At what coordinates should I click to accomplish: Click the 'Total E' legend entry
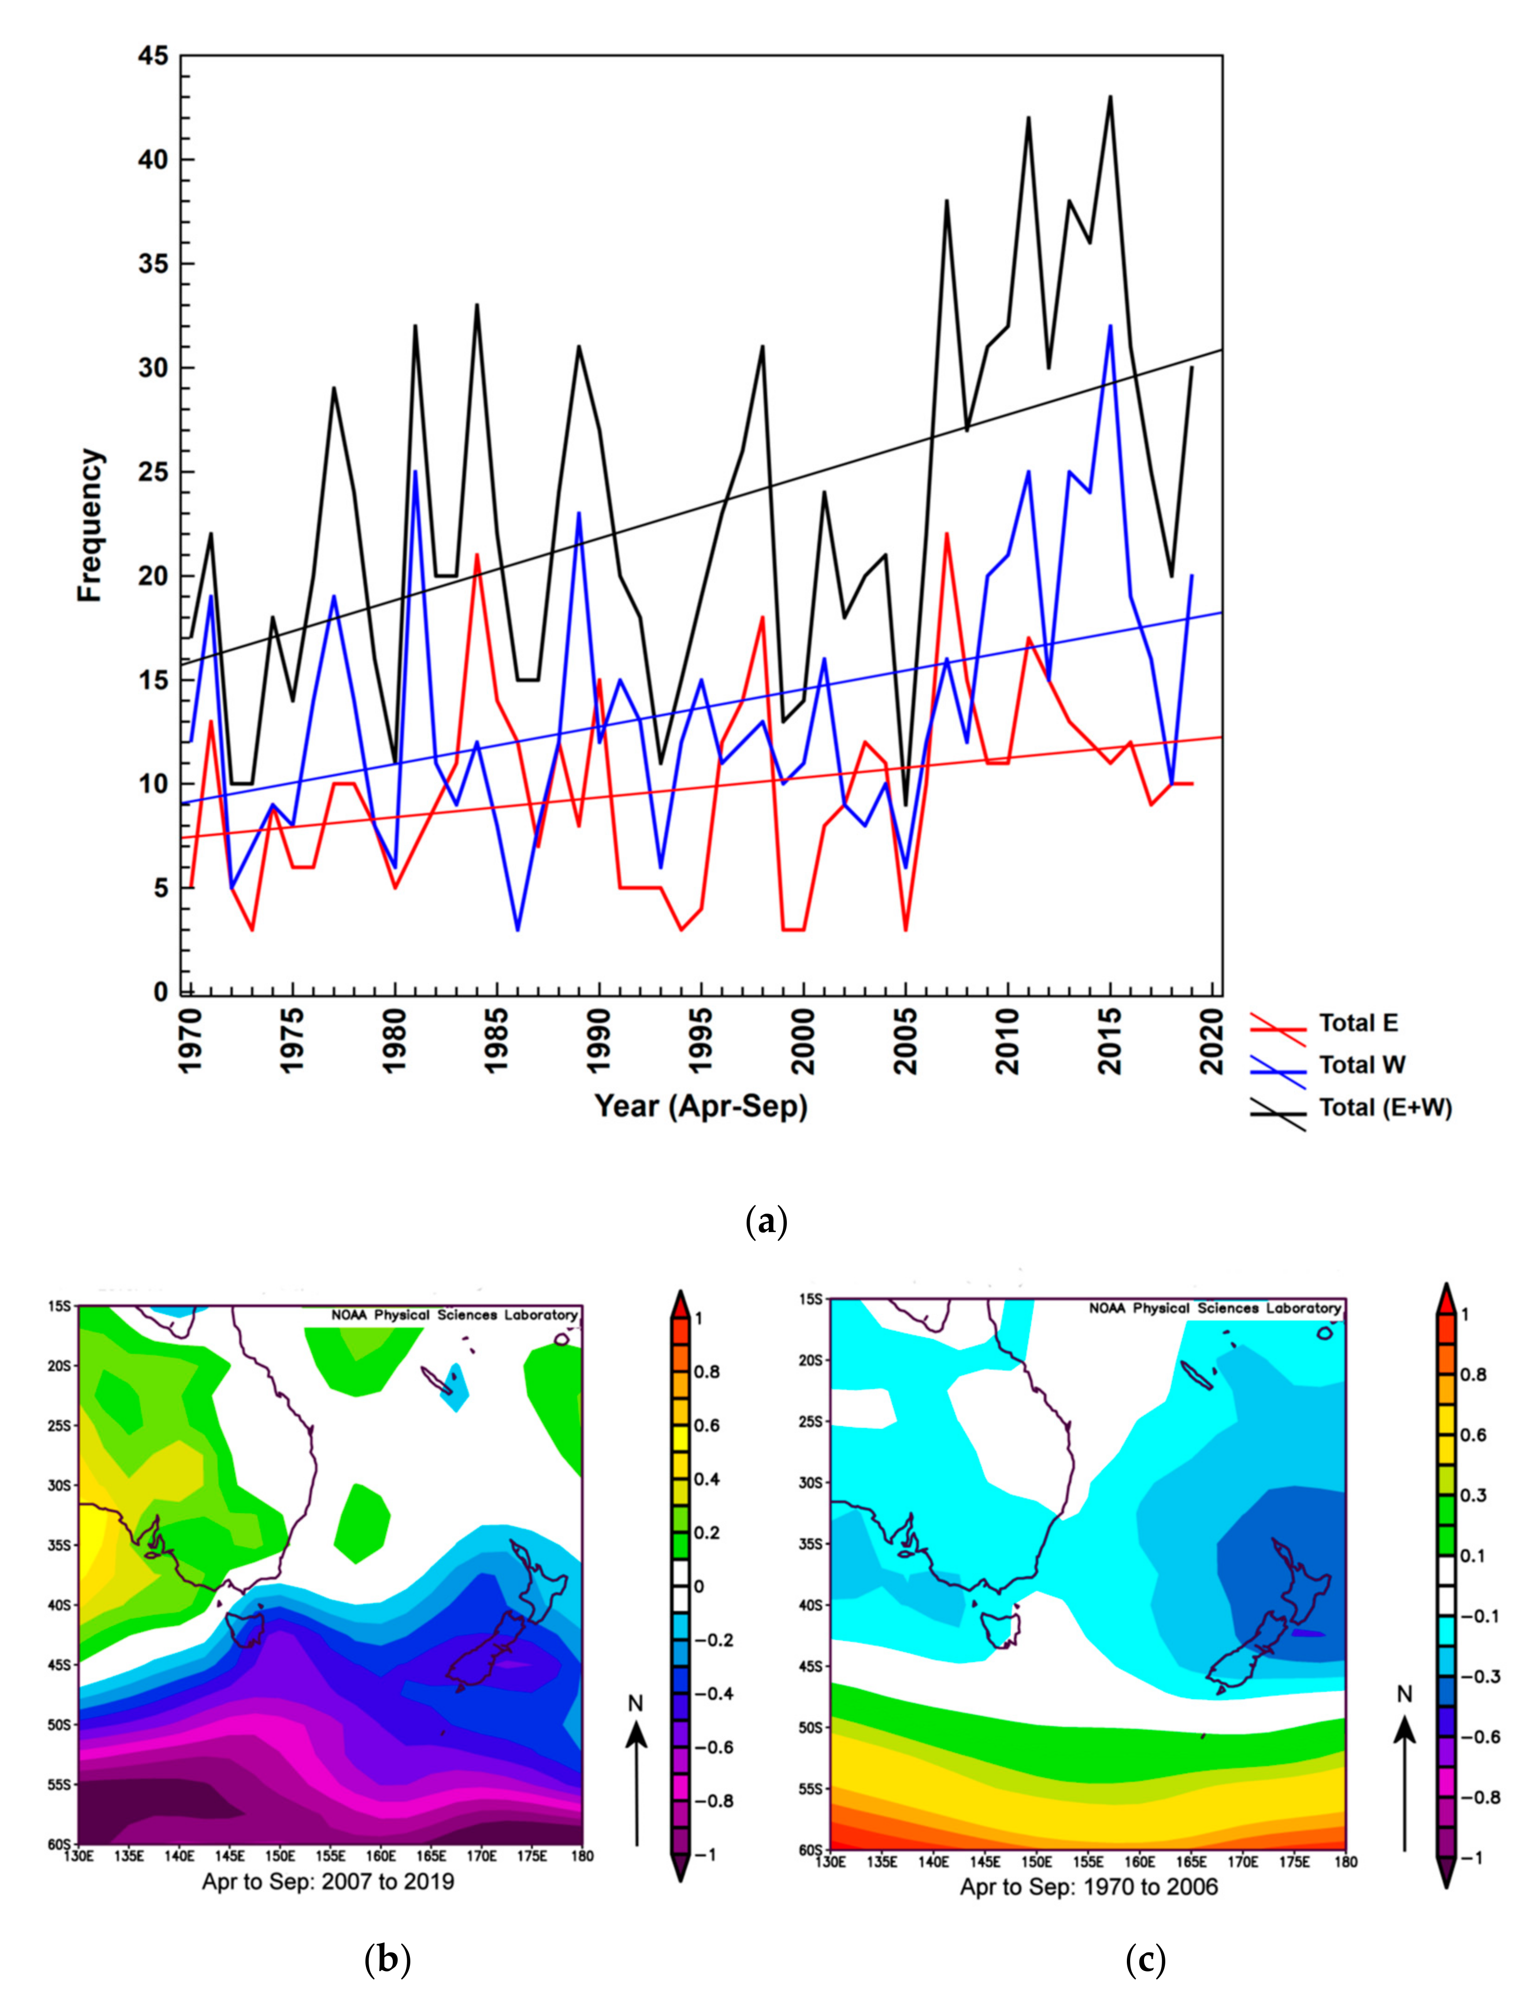point(1357,1023)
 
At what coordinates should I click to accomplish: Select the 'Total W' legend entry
point(1360,1065)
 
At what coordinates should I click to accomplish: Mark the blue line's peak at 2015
point(1110,326)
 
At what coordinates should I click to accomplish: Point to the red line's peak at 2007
point(947,534)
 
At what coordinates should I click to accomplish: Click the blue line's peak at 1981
point(415,472)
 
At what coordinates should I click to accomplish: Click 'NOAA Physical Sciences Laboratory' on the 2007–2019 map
point(454,1315)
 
